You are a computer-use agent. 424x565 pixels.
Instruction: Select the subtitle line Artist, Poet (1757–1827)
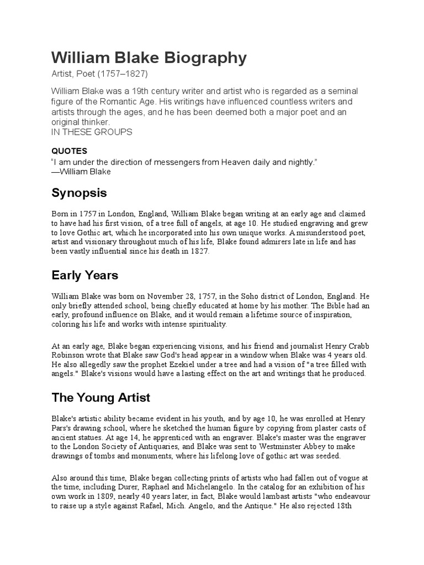(x=100, y=74)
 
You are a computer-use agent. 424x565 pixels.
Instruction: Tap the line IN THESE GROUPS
(x=92, y=132)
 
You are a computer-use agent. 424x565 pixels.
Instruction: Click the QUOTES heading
(x=70, y=151)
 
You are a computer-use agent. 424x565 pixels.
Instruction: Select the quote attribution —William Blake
(x=81, y=172)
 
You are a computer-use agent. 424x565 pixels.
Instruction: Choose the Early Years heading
(x=85, y=275)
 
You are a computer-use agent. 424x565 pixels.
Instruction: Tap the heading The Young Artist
(x=101, y=397)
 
